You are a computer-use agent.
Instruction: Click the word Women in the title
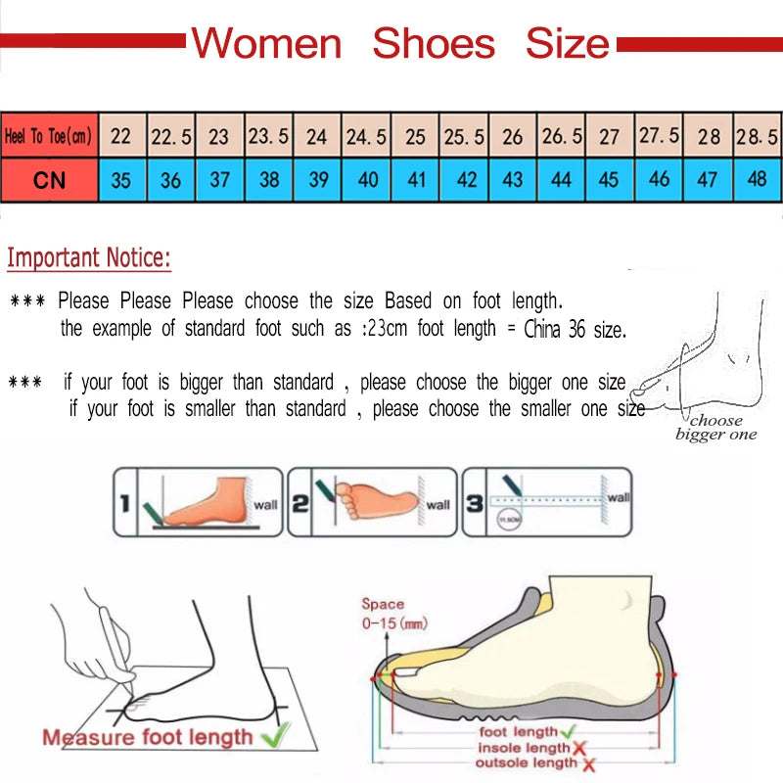tap(265, 44)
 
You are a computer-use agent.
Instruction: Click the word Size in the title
tap(567, 44)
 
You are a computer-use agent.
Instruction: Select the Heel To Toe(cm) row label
tap(48, 136)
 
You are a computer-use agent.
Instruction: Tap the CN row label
tap(49, 180)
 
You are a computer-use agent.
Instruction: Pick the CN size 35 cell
tap(121, 180)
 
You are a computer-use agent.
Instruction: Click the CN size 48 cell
tap(757, 180)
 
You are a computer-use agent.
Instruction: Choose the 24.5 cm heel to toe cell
tap(366, 137)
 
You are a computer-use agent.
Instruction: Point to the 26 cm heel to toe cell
tap(512, 137)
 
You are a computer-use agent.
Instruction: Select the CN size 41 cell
tap(415, 180)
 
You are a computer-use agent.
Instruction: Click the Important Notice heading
tap(89, 259)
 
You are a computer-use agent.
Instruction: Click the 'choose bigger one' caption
tap(715, 428)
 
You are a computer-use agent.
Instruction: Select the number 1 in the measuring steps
tap(124, 505)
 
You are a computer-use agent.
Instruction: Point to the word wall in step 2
tap(438, 505)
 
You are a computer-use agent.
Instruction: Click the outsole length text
tap(526, 762)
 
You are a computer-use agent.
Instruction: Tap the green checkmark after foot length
tap(571, 731)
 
